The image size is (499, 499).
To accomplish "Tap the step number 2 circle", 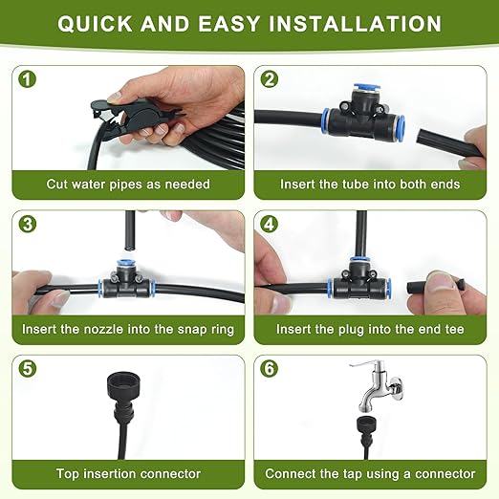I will coord(269,80).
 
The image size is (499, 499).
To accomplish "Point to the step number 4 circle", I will coord(269,225).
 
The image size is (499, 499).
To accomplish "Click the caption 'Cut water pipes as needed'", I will coord(128,184).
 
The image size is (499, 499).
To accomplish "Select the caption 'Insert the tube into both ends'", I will coord(370,184).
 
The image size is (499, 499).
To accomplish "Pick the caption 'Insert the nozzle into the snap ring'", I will coord(128,329).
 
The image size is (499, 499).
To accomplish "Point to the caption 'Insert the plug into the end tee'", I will coord(370,329).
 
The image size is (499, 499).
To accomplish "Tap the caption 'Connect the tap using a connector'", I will coord(370,473).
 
